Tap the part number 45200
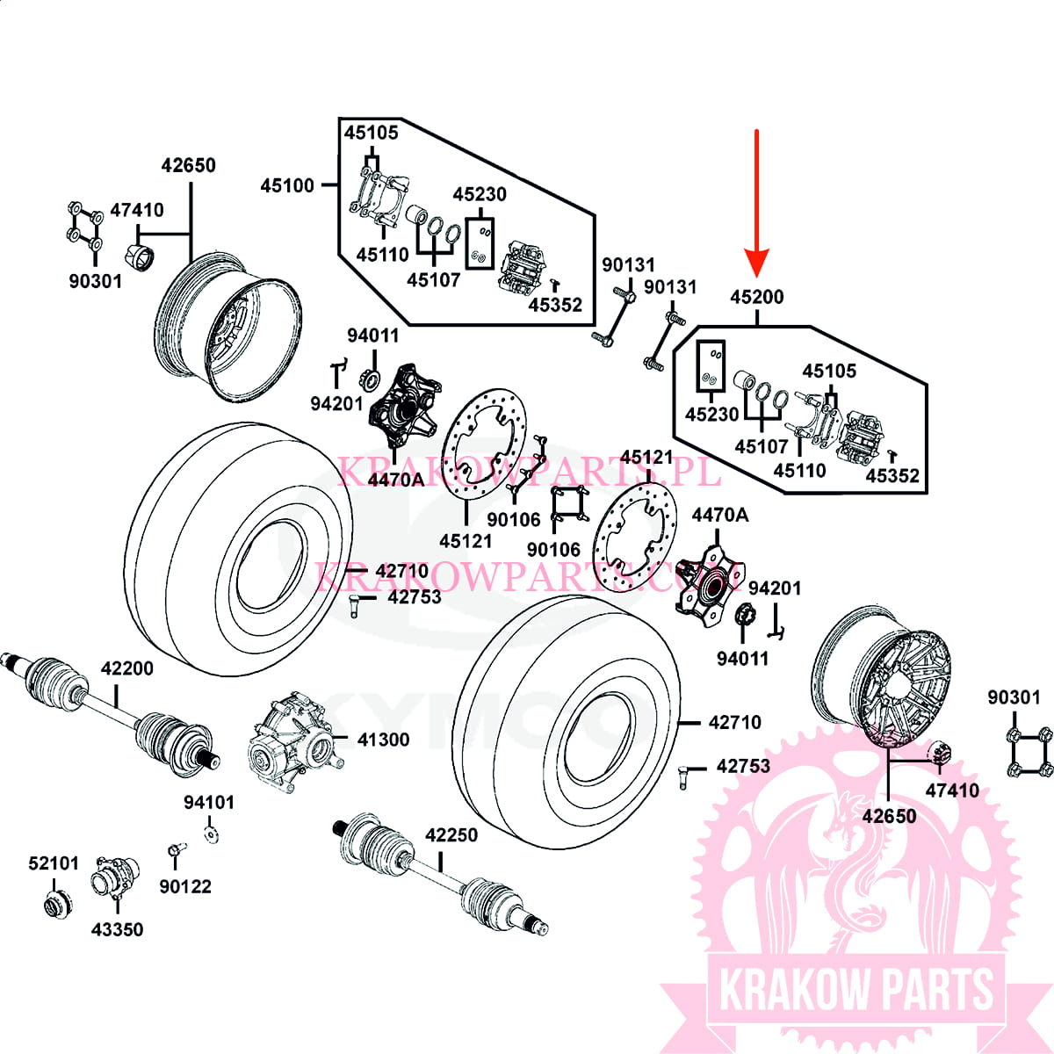[756, 297]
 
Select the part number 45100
[287, 185]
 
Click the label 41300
[383, 740]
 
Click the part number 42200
[126, 668]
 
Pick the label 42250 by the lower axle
[451, 834]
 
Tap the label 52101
[54, 863]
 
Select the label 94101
[209, 802]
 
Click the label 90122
[185, 886]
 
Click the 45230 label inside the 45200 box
[711, 414]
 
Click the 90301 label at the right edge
[1014, 697]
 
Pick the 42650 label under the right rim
[889, 816]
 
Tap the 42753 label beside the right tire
[743, 766]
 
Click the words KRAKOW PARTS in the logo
[855, 990]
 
